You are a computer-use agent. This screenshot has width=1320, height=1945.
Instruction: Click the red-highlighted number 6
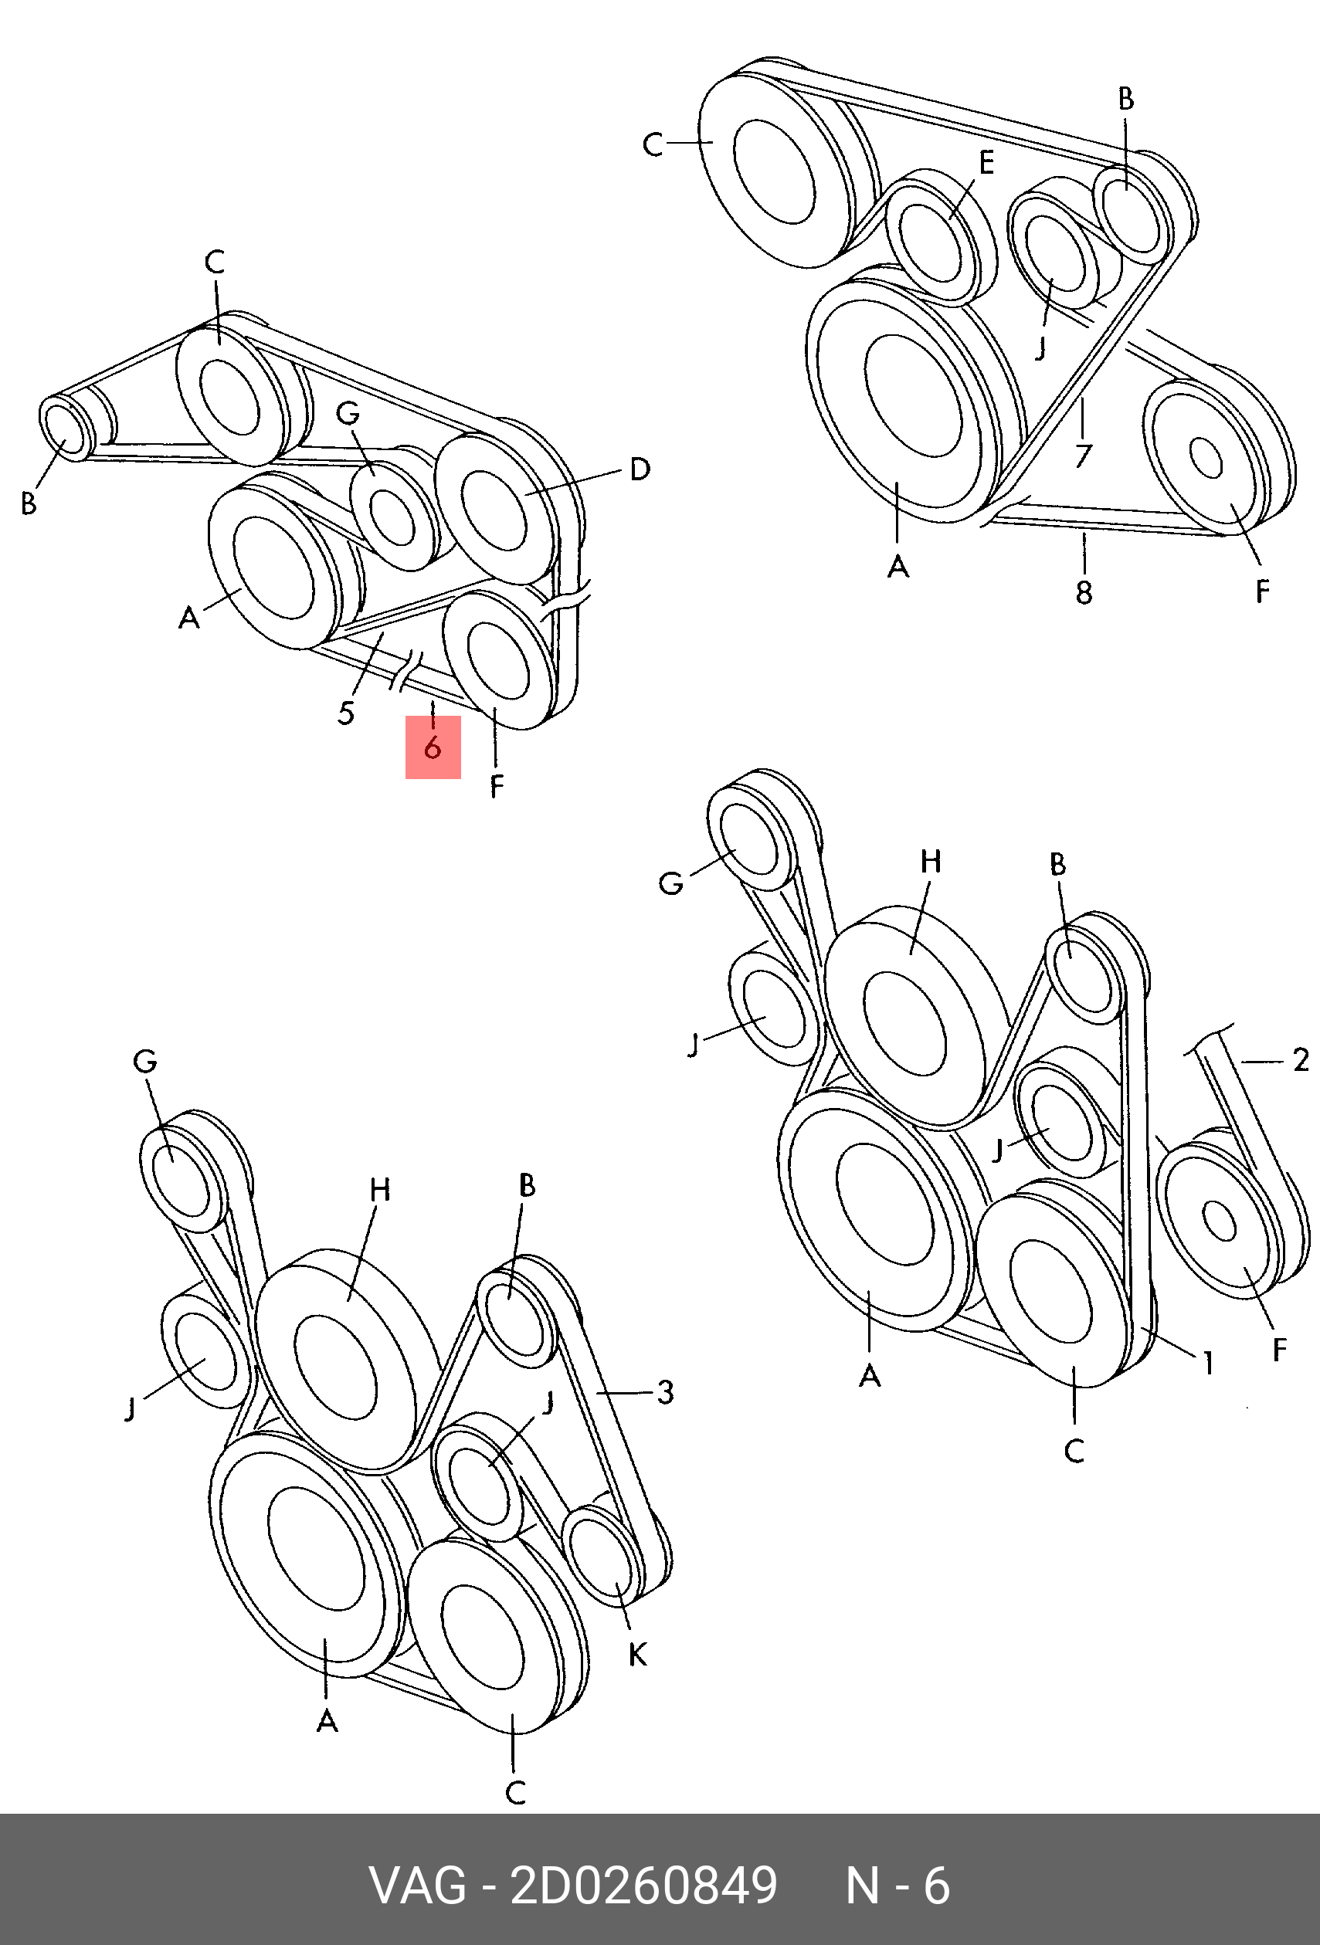click(432, 747)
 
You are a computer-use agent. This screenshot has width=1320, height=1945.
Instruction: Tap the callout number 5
click(347, 713)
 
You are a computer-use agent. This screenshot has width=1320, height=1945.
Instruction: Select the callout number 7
click(1084, 456)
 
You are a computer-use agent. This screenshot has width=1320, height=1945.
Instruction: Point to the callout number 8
click(1084, 592)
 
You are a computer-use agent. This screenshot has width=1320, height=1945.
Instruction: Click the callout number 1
click(1208, 1364)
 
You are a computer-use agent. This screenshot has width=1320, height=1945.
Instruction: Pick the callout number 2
click(1300, 1060)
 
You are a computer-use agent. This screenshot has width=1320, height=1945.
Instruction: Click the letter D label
click(640, 469)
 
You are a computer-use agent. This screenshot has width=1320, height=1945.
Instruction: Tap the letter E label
click(987, 162)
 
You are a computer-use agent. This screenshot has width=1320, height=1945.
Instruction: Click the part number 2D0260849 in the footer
click(643, 1886)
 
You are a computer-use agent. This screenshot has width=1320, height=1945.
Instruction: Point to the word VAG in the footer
click(418, 1886)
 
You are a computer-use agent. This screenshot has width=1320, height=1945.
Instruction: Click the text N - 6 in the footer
click(898, 1886)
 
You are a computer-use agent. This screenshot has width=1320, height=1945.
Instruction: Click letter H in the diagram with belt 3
click(380, 1189)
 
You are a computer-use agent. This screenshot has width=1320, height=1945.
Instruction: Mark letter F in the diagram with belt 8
click(1262, 591)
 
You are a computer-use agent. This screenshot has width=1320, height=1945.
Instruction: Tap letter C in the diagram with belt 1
click(1074, 1450)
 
